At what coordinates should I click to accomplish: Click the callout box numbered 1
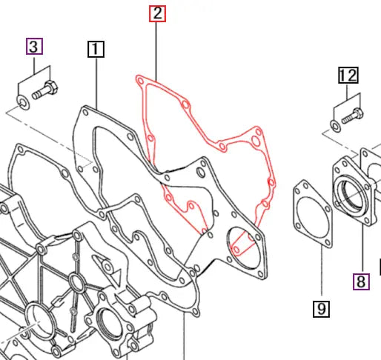(x=96, y=50)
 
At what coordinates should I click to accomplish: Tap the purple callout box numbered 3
(x=34, y=47)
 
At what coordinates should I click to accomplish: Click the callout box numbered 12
(x=348, y=75)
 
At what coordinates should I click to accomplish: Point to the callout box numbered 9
(x=321, y=308)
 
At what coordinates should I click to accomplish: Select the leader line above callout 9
(x=321, y=274)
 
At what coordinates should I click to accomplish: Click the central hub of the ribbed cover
(x=76, y=282)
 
